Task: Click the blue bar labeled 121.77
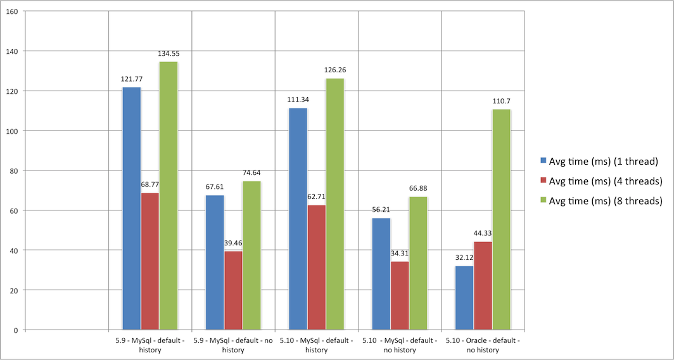pos(132,209)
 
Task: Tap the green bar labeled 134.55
pos(168,196)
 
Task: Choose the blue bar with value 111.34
pos(298,219)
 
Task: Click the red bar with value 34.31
pos(399,295)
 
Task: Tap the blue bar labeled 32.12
pos(464,298)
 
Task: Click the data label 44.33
pos(483,233)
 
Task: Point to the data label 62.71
pos(316,196)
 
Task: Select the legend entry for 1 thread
pos(595,160)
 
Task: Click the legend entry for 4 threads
pos(599,181)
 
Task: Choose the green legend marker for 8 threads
pos(543,201)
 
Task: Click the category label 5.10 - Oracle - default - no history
pos(483,345)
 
